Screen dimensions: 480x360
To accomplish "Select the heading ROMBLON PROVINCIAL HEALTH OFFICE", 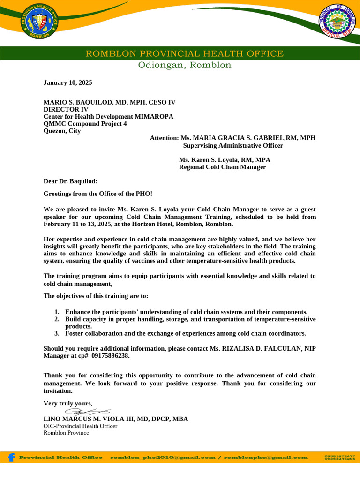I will (184, 54).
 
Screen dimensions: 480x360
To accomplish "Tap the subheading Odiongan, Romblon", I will (184, 65).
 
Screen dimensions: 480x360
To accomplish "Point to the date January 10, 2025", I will (68, 83).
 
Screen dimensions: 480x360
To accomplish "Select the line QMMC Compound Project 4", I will (85, 124).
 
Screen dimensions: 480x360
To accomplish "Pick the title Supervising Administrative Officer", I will (232, 146).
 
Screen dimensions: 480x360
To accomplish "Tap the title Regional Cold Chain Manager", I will (222, 167).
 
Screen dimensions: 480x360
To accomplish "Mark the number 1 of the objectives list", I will (56, 312).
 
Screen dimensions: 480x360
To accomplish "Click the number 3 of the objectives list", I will (56, 334).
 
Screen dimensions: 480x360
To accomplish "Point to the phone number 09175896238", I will (110, 356).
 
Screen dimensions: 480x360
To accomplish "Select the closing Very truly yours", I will (68, 404).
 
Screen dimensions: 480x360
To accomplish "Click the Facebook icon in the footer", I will (11, 457).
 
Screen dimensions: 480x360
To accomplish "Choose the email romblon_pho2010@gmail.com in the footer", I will (163, 457).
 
